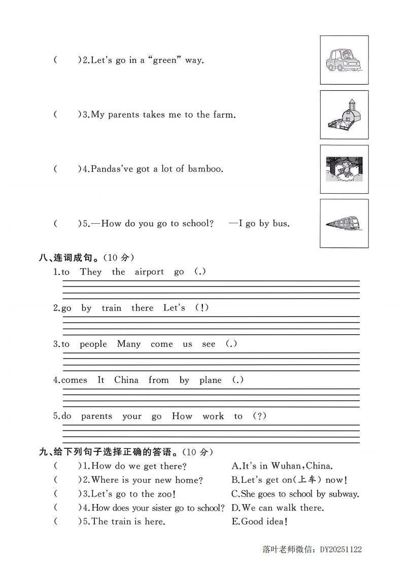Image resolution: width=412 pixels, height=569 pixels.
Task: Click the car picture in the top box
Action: tap(344, 60)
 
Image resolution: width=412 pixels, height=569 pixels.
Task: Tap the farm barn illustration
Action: tap(344, 115)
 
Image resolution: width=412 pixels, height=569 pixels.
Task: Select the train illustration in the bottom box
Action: tap(344, 224)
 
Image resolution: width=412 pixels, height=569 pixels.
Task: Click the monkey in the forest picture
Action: tap(345, 169)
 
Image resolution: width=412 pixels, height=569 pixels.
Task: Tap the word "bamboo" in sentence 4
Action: tap(204, 169)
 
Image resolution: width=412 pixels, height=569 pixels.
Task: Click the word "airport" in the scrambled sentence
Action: tap(149, 272)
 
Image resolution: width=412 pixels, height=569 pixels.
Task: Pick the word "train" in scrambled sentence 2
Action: tap(111, 308)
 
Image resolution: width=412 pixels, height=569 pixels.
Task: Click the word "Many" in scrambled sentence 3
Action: tap(128, 344)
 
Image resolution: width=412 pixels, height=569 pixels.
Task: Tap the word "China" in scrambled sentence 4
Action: tap(126, 380)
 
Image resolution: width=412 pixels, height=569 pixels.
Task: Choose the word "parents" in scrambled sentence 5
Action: tap(96, 416)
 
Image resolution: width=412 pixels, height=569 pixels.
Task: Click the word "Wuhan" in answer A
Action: tap(287, 466)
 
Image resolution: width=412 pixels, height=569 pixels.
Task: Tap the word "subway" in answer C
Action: tap(342, 494)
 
